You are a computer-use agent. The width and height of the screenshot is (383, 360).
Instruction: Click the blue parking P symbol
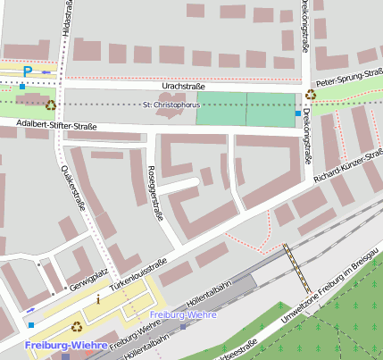point(28,71)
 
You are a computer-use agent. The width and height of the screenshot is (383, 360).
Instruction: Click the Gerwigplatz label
point(87,278)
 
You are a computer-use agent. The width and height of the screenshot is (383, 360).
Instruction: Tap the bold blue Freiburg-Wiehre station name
point(66,346)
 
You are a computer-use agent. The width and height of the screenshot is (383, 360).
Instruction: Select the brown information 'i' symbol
point(98,299)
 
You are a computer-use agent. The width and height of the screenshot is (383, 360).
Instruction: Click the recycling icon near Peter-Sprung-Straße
point(311,94)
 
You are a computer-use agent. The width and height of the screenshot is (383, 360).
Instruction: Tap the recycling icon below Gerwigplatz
point(76,326)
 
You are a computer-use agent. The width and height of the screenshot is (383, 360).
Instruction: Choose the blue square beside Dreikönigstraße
point(297,113)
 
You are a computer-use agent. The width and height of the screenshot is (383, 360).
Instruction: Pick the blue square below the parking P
point(22,87)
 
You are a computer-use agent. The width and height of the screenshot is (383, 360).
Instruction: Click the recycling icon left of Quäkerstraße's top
point(51,105)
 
